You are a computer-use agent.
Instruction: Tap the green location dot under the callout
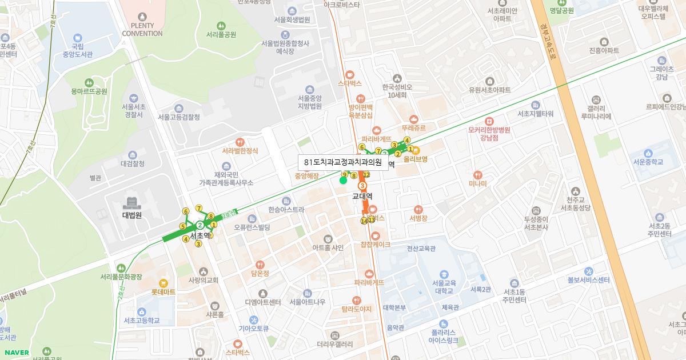(343, 181)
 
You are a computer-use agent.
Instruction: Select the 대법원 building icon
(132, 203)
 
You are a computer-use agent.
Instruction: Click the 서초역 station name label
(200, 235)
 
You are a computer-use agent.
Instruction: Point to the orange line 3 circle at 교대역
(362, 186)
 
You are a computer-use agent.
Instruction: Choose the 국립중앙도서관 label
(78, 50)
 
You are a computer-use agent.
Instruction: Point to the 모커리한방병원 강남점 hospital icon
(489, 121)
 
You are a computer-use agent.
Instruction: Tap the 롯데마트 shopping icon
(163, 282)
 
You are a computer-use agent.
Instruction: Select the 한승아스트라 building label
(286, 210)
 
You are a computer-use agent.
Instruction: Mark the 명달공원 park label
(561, 10)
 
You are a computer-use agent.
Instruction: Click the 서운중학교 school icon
(648, 153)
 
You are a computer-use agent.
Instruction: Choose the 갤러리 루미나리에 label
(596, 113)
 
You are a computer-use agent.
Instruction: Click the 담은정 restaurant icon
(260, 265)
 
